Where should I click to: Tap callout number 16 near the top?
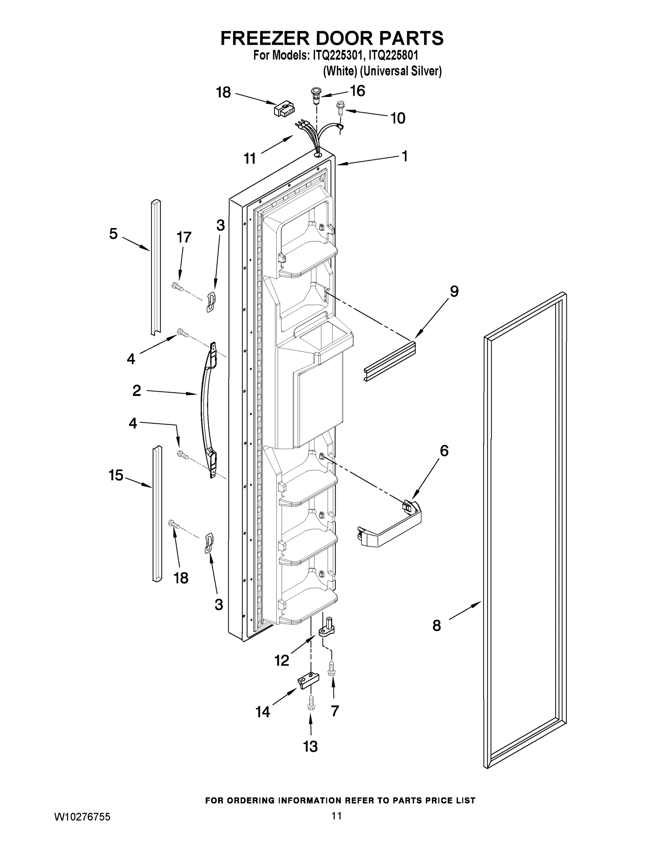coord(358,91)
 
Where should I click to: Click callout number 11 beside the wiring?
coord(250,159)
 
